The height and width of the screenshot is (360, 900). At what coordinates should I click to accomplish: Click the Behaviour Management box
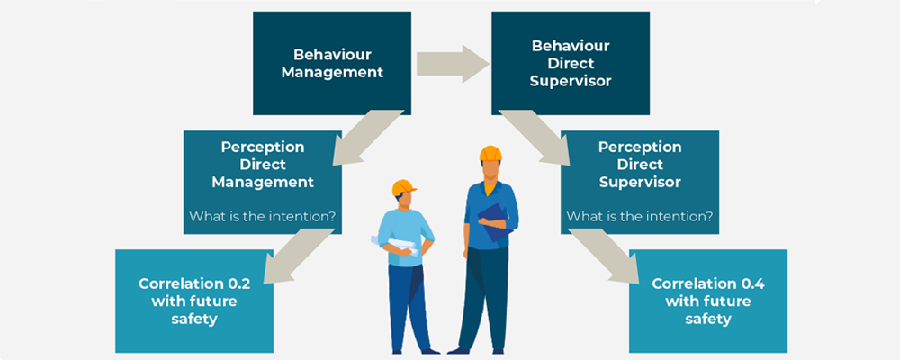coord(331,62)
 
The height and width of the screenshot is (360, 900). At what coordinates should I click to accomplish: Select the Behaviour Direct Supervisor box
coord(570,62)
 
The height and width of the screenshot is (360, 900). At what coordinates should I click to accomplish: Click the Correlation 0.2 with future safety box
coord(193,301)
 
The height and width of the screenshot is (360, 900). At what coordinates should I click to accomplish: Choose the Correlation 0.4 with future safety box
coord(707,301)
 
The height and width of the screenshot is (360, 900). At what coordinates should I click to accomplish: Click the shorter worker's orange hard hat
coord(404,187)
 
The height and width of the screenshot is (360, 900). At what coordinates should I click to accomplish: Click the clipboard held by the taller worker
coord(493,220)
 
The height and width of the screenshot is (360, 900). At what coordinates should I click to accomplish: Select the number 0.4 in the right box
coord(748,283)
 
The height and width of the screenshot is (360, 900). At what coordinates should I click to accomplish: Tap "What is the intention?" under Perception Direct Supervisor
coord(639,217)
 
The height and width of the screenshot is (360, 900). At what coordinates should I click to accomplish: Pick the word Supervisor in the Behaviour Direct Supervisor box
coord(571,81)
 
